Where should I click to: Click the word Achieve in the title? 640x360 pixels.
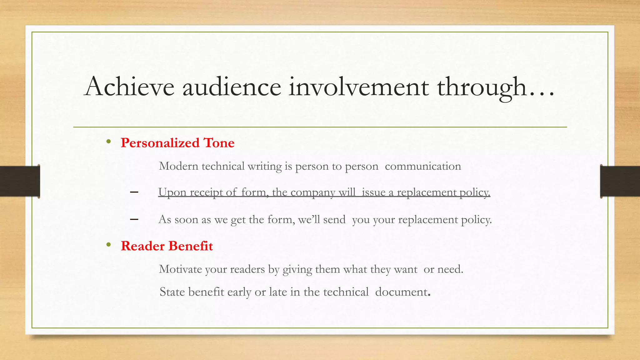click(x=129, y=87)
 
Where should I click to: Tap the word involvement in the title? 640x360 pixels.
click(x=358, y=87)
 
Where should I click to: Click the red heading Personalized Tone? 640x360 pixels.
click(x=177, y=143)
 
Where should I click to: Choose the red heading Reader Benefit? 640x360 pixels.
click(x=167, y=246)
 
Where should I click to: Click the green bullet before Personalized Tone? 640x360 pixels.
click(x=108, y=142)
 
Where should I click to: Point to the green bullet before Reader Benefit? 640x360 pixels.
click(x=108, y=245)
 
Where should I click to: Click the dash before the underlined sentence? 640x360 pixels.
click(x=134, y=192)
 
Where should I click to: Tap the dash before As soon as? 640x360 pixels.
click(x=134, y=220)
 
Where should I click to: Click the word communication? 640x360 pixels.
click(x=423, y=166)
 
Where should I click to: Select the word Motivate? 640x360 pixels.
click(x=180, y=269)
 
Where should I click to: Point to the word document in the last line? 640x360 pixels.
click(x=401, y=292)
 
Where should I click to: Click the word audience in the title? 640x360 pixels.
click(x=232, y=87)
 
